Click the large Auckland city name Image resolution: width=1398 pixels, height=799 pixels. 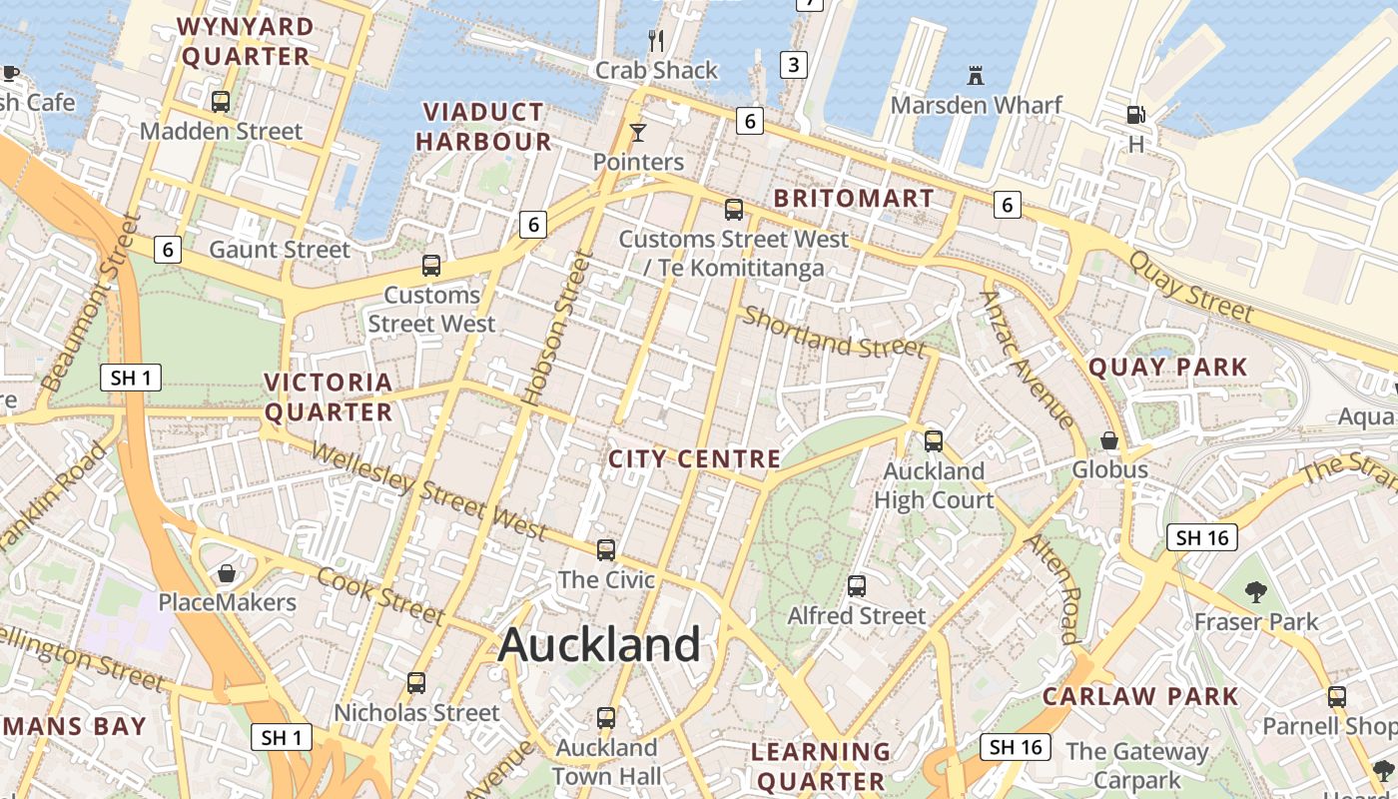(x=599, y=645)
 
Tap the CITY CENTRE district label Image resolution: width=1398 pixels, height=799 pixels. (x=694, y=459)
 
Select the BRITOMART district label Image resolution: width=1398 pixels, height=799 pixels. (x=854, y=198)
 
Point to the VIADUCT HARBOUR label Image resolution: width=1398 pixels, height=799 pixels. (x=483, y=127)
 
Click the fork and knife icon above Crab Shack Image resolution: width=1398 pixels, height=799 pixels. (x=656, y=41)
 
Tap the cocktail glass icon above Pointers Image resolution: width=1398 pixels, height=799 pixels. (x=638, y=133)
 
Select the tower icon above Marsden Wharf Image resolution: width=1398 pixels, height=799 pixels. (x=976, y=75)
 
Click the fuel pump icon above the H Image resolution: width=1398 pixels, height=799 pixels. (x=1135, y=115)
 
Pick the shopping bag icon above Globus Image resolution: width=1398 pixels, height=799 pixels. (x=1109, y=440)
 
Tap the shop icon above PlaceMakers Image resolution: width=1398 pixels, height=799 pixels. (x=227, y=573)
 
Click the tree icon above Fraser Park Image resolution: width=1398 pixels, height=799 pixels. (x=1256, y=592)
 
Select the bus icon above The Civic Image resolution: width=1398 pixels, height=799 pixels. (x=606, y=550)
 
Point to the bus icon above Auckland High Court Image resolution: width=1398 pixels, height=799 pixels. (x=934, y=440)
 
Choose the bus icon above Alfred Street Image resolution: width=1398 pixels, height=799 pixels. (x=857, y=586)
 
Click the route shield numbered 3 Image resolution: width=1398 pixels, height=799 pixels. (x=793, y=66)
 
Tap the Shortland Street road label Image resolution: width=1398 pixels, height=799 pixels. (x=834, y=334)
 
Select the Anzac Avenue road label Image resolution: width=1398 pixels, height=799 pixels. (x=1028, y=360)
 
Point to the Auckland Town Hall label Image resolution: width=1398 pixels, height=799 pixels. (x=606, y=762)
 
